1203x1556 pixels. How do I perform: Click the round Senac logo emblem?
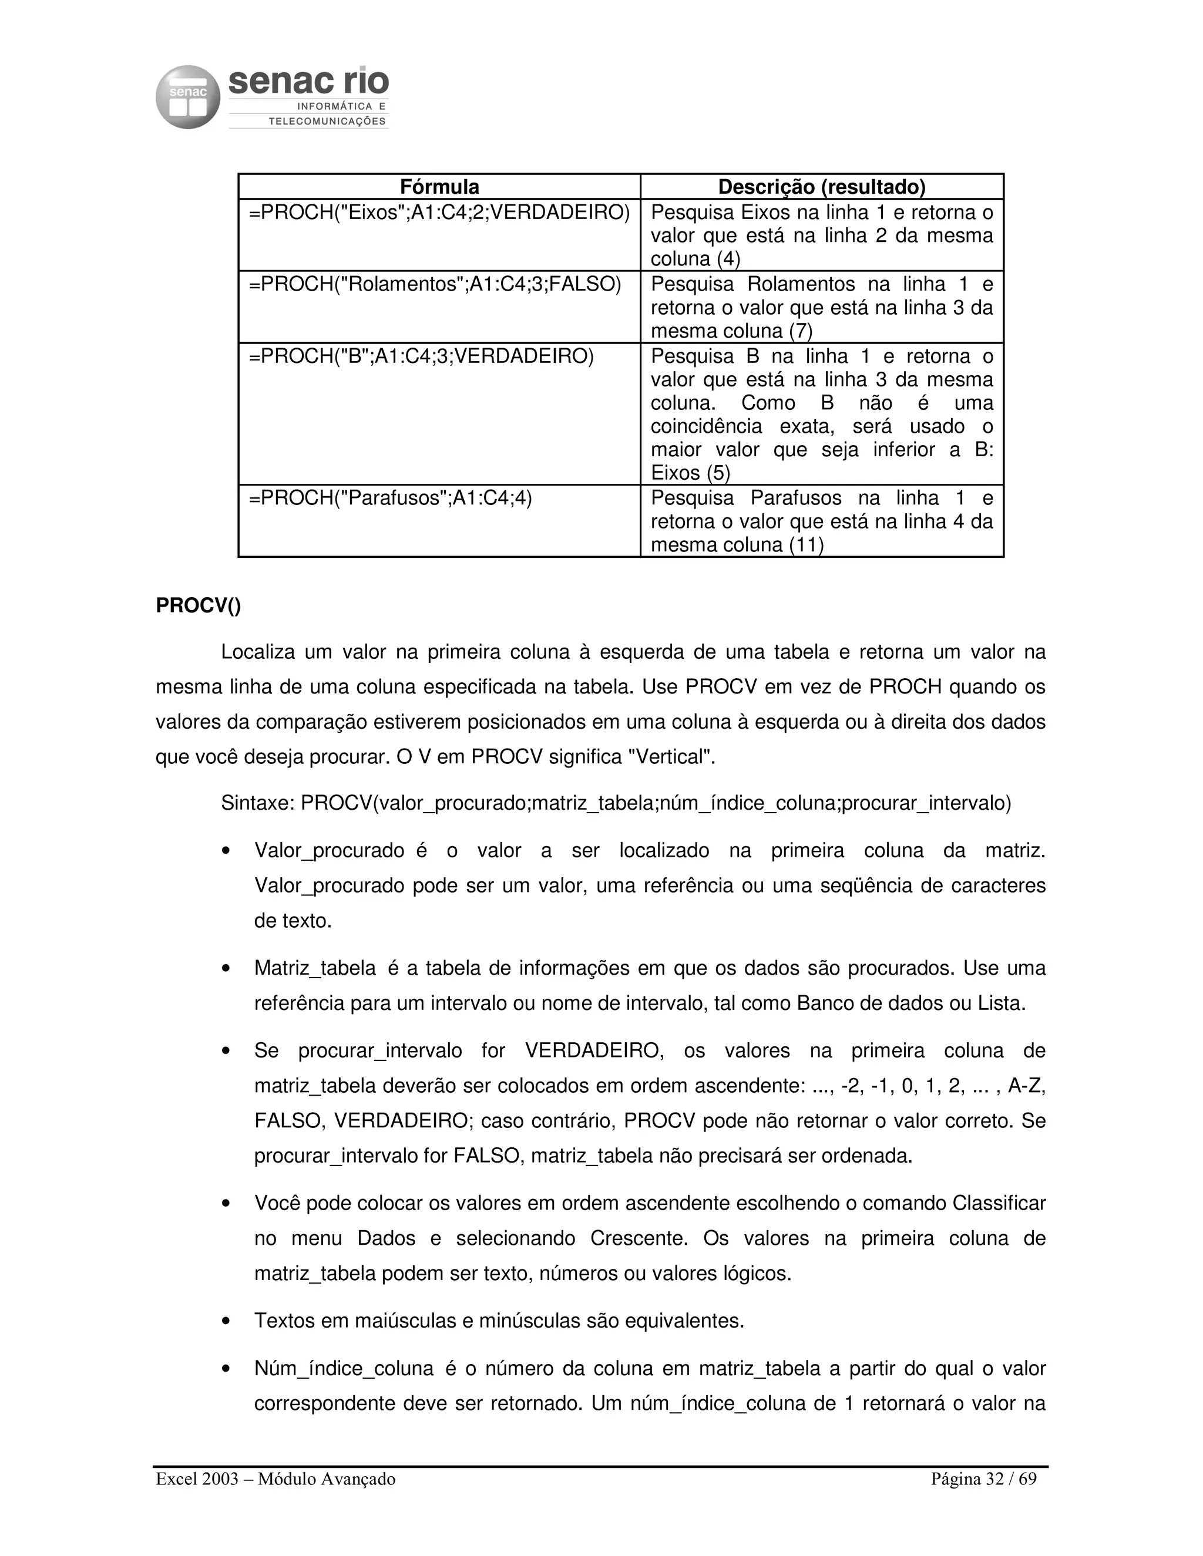(187, 97)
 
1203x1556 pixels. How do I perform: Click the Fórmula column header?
(439, 187)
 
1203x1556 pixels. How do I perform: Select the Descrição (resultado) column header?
(822, 187)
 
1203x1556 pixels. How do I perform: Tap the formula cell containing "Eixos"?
(439, 213)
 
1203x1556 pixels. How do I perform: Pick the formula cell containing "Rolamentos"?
(435, 284)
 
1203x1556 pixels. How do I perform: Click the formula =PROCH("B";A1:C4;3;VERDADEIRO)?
(421, 356)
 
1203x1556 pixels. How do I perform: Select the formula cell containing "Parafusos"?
(391, 498)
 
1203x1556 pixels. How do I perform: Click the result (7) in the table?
(801, 331)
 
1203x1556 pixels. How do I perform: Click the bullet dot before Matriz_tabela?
(226, 969)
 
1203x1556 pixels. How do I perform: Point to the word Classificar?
(999, 1203)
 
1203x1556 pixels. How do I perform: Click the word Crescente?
(639, 1238)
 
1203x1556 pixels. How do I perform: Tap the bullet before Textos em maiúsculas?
(226, 1322)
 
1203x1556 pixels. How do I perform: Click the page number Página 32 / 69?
(983, 1479)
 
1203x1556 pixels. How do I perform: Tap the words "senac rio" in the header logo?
(308, 83)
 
